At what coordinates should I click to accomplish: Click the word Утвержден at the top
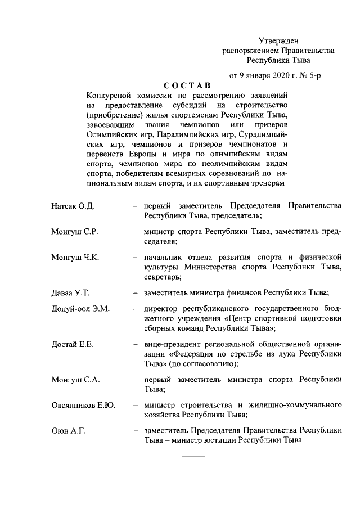coord(279,40)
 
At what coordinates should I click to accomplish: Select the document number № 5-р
coord(312,75)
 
